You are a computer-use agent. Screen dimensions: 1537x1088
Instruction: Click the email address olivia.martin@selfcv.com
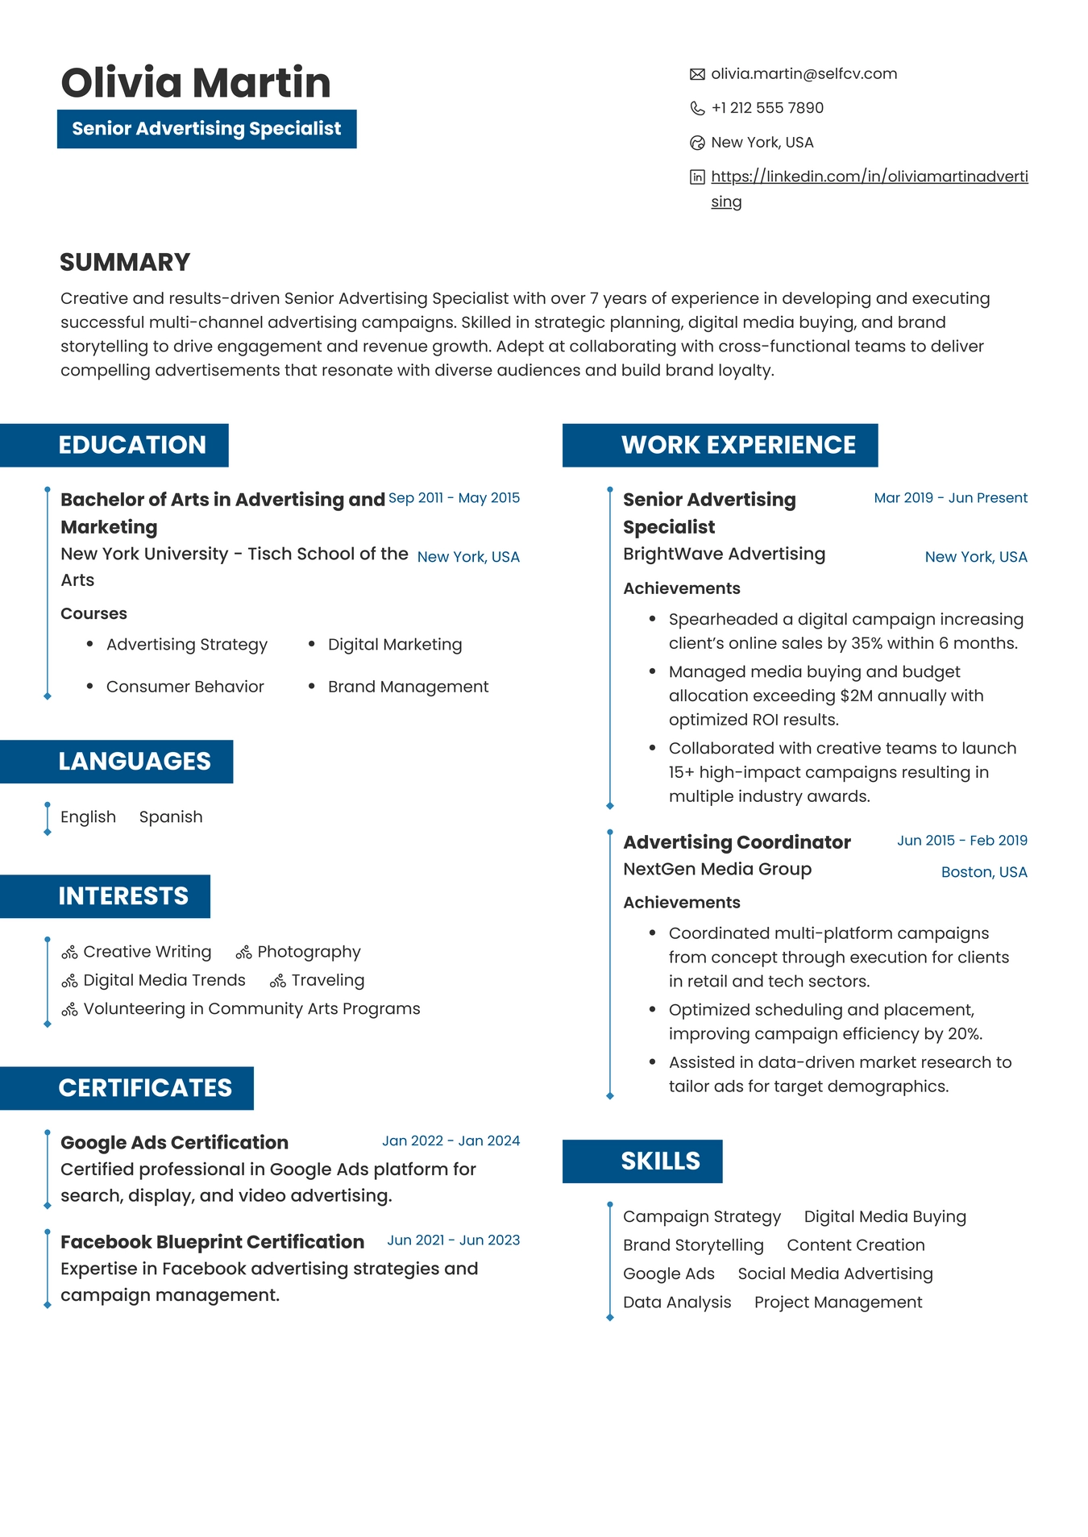click(x=804, y=74)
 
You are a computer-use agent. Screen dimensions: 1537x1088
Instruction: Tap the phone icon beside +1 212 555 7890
click(x=697, y=108)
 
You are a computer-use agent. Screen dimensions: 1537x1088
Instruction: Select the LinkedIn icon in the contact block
click(x=697, y=177)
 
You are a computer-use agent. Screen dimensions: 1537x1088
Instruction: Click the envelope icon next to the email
click(x=697, y=74)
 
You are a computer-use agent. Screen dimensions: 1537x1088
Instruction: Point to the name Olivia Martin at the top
click(x=196, y=83)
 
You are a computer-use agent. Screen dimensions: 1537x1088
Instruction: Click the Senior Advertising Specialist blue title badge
click(x=206, y=129)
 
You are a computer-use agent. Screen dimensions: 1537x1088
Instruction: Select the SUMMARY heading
click(x=125, y=262)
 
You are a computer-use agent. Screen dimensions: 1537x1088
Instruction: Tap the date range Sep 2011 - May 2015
click(x=454, y=498)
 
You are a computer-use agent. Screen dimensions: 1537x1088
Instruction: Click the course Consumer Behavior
click(x=185, y=687)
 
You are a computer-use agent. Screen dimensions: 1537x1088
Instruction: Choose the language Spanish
click(x=171, y=817)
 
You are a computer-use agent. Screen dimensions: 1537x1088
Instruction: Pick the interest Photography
click(x=309, y=952)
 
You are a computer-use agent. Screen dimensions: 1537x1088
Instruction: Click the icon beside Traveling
click(x=278, y=981)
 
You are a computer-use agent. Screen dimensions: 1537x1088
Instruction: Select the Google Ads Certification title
click(x=174, y=1143)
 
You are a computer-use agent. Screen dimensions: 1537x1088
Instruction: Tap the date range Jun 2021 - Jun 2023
click(x=453, y=1240)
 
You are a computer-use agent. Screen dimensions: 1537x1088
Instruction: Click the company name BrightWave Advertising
click(x=724, y=555)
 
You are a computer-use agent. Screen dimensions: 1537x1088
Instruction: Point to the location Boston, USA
click(x=984, y=872)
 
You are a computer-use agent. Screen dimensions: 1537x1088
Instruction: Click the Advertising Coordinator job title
click(x=737, y=842)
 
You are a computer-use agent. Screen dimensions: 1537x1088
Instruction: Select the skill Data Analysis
click(x=677, y=1302)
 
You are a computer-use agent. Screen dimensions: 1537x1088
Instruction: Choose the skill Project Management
click(x=838, y=1302)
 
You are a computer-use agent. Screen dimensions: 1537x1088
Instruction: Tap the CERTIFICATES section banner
click(x=145, y=1088)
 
